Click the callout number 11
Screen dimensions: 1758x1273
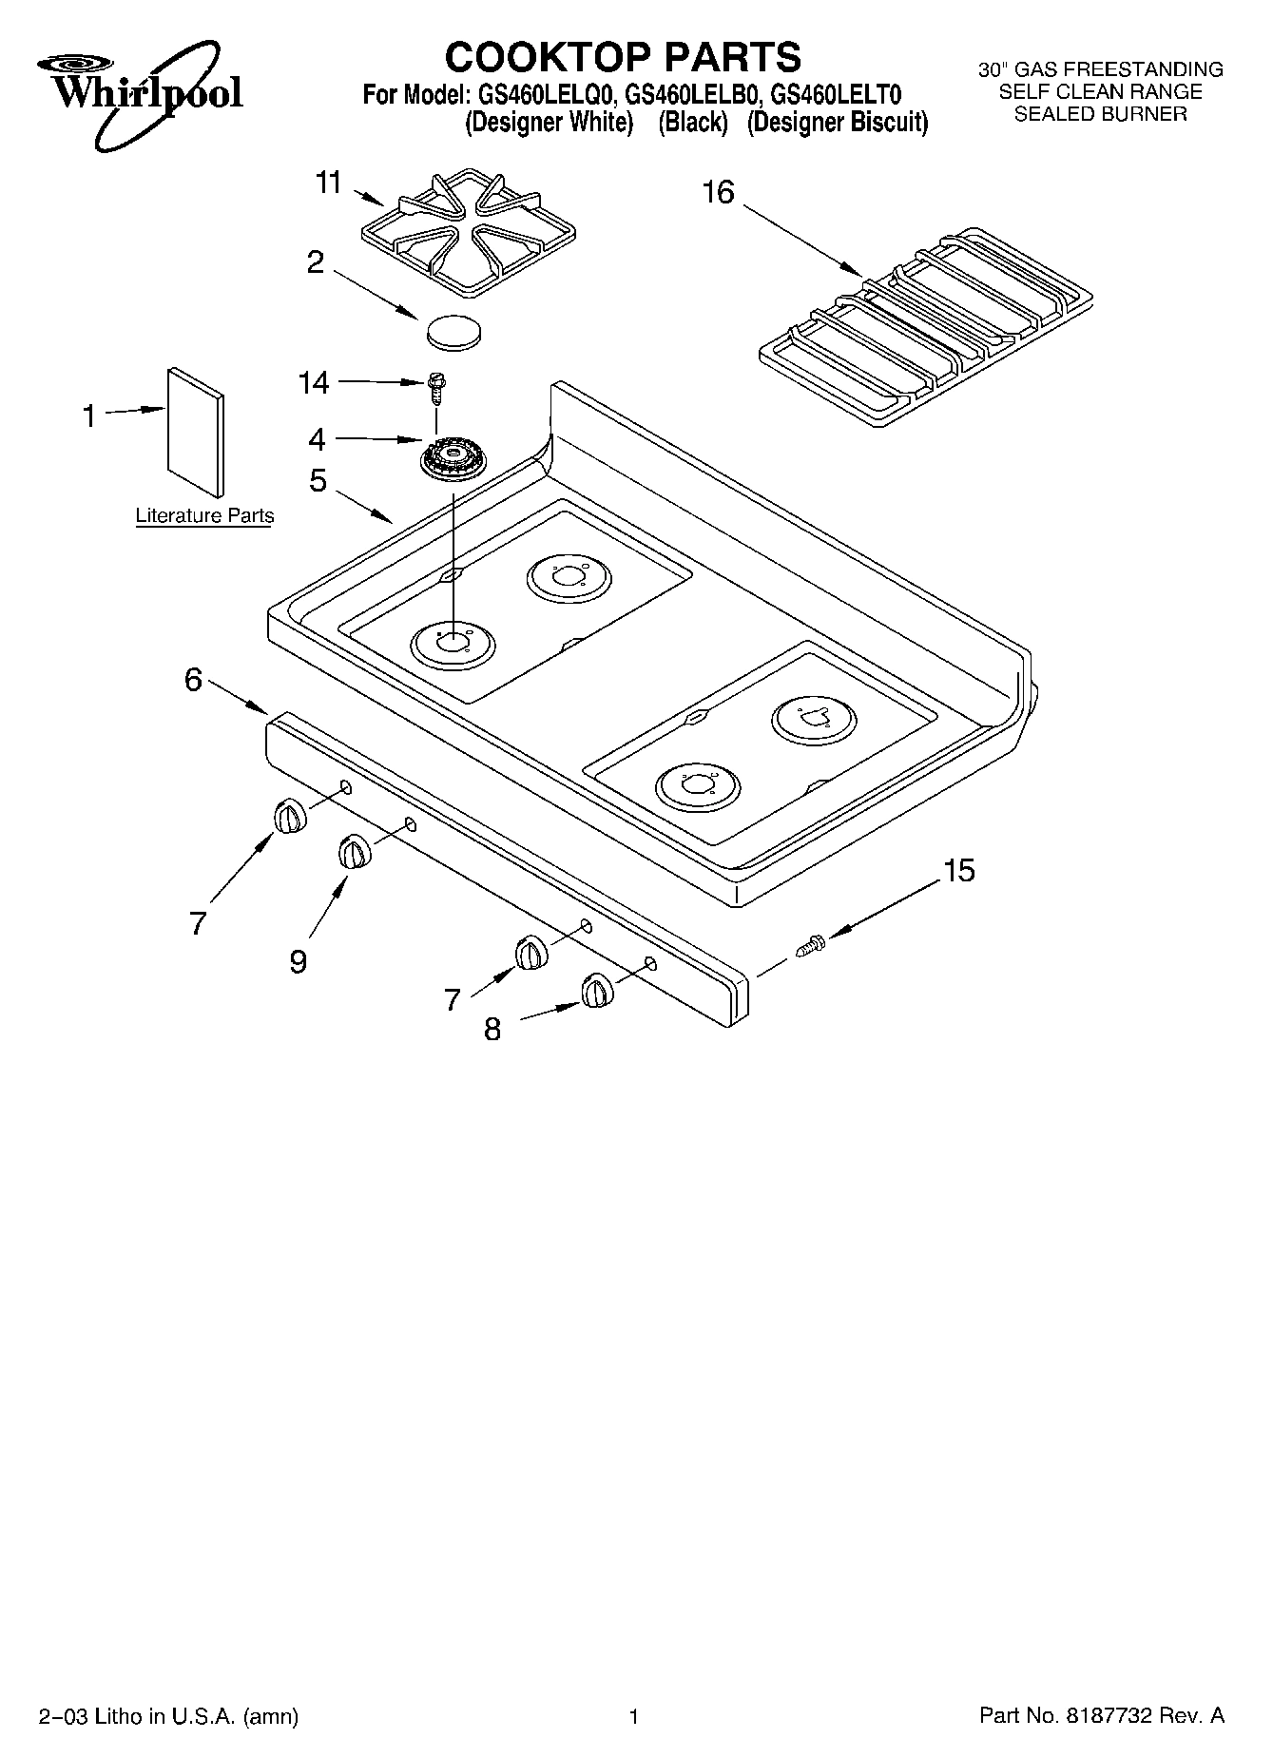click(x=328, y=182)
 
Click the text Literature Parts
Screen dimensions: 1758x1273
click(x=204, y=515)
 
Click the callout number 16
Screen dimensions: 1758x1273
click(x=718, y=192)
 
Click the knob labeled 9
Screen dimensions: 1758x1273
click(x=354, y=851)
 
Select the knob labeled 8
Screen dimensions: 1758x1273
click(x=597, y=991)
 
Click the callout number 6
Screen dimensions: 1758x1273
click(x=194, y=679)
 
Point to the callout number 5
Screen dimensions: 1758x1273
click(x=318, y=480)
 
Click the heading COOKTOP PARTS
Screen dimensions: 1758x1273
click(x=623, y=57)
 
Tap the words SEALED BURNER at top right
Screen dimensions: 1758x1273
click(x=1101, y=114)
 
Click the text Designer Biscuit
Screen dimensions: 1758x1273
click(x=837, y=123)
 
